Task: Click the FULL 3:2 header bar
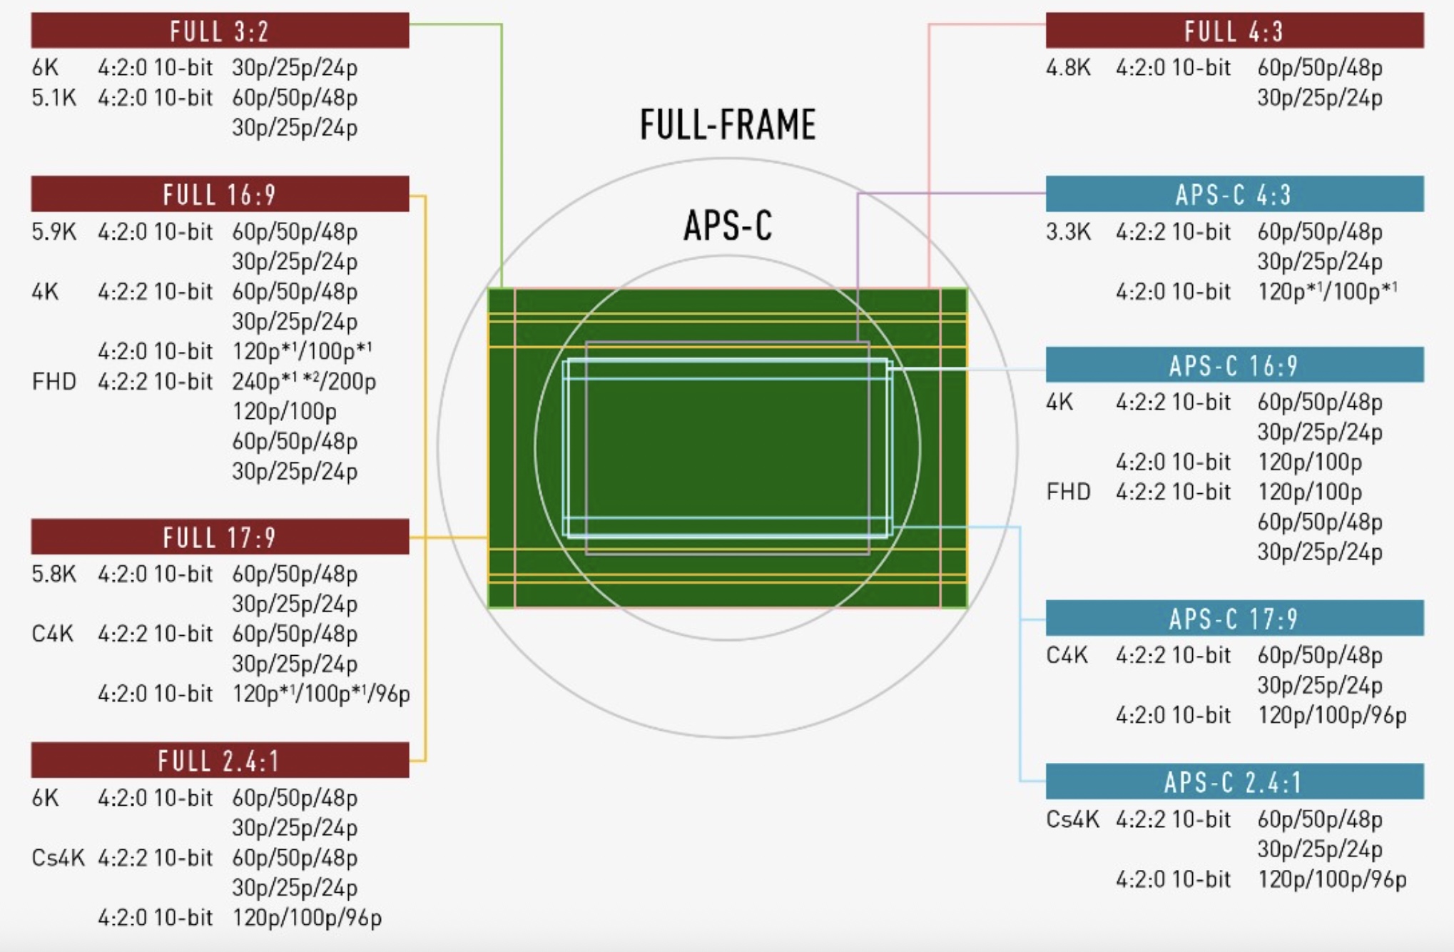[x=220, y=31]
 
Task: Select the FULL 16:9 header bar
[x=220, y=194]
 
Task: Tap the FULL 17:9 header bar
[x=220, y=537]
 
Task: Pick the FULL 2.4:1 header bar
[x=220, y=761]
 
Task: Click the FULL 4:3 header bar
[x=1234, y=31]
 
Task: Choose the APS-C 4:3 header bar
[x=1234, y=194]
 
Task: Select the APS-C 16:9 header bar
[x=1234, y=365]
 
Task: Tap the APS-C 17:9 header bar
[x=1234, y=618]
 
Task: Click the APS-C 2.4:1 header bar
[x=1234, y=782]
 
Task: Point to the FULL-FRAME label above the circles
[x=728, y=125]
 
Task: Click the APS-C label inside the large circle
[x=728, y=226]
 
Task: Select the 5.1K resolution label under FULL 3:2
[x=54, y=98]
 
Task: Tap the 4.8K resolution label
[x=1068, y=68]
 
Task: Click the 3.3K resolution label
[x=1068, y=232]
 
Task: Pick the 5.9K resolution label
[x=54, y=232]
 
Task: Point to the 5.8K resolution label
[x=54, y=574]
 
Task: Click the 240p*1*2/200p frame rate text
[x=304, y=382]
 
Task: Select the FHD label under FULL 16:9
[x=54, y=382]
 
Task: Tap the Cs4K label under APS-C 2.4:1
[x=1072, y=819]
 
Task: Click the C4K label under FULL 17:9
[x=52, y=634]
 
